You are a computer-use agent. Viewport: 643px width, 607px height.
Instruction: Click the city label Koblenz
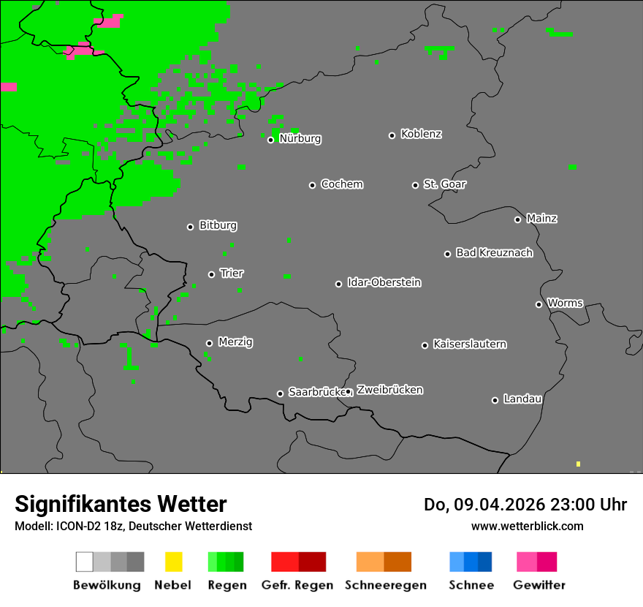tap(421, 135)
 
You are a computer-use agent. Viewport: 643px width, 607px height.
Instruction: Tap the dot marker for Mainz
tap(517, 219)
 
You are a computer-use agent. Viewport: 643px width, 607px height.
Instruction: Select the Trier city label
tap(232, 274)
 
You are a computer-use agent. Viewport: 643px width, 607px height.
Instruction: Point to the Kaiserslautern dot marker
tap(425, 345)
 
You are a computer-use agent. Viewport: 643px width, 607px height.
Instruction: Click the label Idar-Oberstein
tap(384, 283)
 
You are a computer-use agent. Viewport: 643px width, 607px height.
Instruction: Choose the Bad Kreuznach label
tap(494, 253)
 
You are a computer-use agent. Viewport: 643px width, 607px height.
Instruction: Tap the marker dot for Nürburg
tap(270, 140)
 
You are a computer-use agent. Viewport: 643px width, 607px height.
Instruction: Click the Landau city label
tap(522, 399)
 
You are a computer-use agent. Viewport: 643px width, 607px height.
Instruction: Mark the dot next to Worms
tap(539, 304)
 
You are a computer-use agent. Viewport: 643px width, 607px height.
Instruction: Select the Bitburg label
tap(218, 226)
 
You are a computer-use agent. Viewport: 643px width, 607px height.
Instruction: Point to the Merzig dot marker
tap(209, 343)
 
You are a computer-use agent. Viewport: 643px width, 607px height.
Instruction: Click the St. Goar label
tap(444, 184)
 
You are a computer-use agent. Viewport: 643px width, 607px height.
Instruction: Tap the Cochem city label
tap(341, 184)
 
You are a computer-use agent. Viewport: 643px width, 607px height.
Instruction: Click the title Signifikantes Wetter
tap(121, 505)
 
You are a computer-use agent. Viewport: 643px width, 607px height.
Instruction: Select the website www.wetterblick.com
tap(527, 526)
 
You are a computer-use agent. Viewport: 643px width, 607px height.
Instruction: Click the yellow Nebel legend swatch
tap(173, 562)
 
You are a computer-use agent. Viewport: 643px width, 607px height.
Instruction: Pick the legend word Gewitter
tap(539, 585)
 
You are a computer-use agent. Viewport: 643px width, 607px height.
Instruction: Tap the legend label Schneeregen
tap(386, 585)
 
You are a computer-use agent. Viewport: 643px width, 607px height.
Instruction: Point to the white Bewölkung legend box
tap(84, 562)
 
